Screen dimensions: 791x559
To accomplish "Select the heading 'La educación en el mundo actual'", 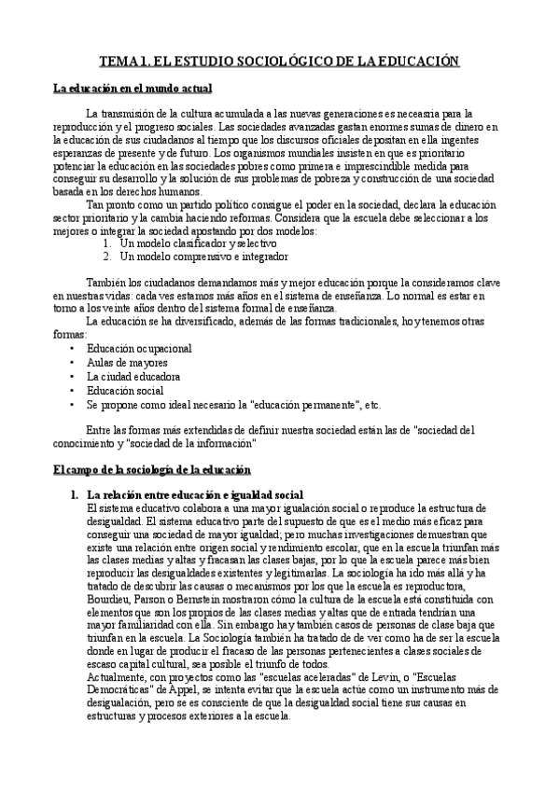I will [133, 89].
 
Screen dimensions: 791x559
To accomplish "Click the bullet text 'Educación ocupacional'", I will [139, 348].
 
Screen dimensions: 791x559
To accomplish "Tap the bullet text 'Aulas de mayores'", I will [127, 362].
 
